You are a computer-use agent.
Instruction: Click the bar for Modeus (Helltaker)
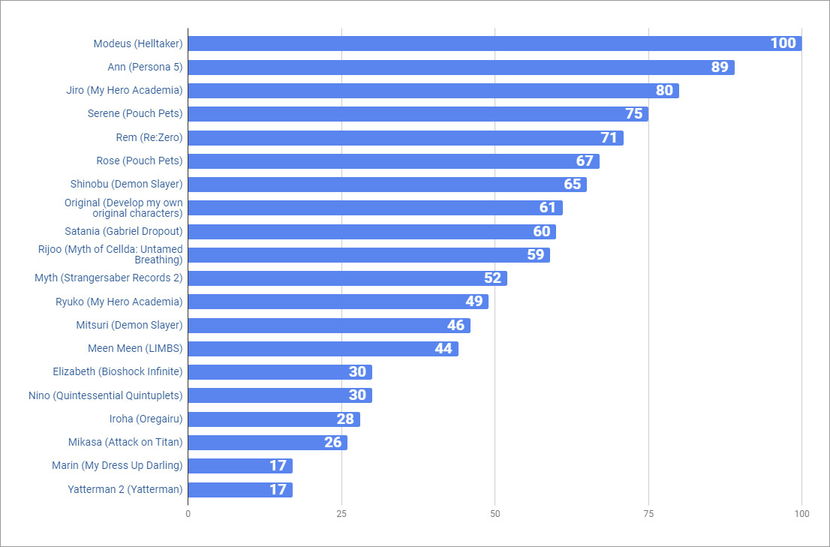tap(495, 44)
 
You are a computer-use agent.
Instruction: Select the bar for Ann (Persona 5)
tap(461, 68)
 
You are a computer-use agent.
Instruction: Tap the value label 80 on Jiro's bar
tap(664, 91)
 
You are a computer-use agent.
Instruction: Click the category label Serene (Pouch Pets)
tap(135, 114)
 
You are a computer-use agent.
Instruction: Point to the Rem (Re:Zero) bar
tap(405, 138)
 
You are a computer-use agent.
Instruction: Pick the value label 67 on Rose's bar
tap(585, 161)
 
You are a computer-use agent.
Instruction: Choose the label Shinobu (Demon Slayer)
tap(126, 184)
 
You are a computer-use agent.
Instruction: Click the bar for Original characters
tap(375, 208)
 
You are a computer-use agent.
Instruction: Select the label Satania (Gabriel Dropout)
tap(123, 231)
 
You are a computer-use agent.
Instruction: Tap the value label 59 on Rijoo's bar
tap(535, 255)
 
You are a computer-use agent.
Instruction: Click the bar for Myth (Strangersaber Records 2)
tap(347, 278)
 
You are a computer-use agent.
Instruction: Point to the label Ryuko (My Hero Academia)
tap(119, 302)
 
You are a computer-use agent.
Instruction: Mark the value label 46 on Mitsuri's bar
tap(456, 326)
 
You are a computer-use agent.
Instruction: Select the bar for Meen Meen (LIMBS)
tap(323, 349)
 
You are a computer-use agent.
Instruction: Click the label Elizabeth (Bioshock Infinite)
tap(118, 371)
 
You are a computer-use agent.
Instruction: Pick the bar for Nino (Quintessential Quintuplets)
tap(280, 395)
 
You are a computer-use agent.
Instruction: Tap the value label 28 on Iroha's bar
tap(345, 419)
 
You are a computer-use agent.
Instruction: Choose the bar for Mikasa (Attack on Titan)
tap(267, 443)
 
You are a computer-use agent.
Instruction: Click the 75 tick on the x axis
tap(648, 514)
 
